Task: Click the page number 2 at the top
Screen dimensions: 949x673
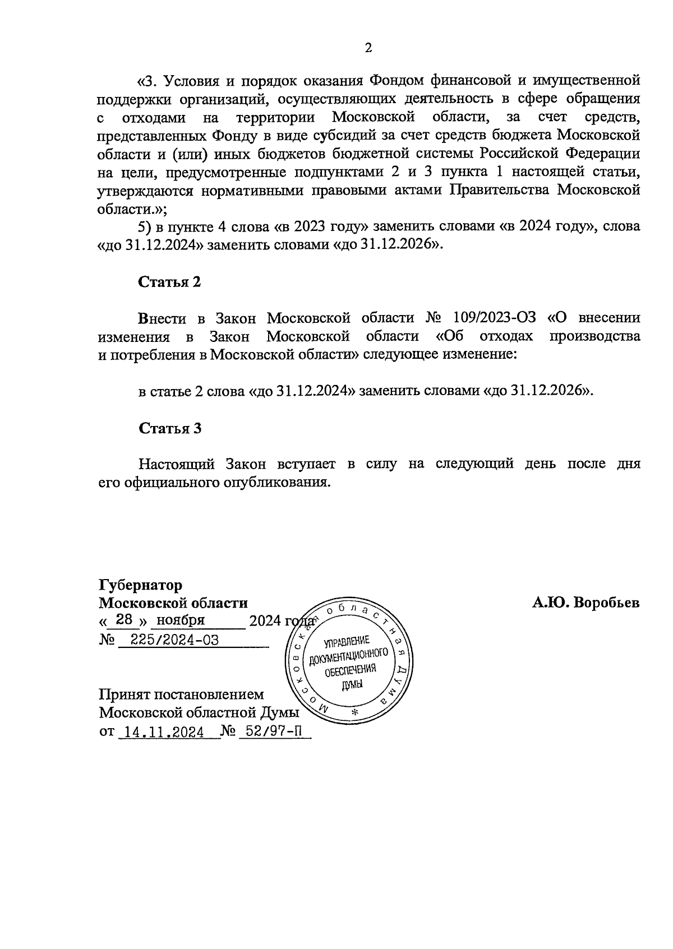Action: pyautogui.click(x=368, y=48)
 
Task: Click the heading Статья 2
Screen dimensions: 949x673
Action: pyautogui.click(x=169, y=282)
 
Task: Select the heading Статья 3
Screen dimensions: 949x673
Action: pyautogui.click(x=170, y=428)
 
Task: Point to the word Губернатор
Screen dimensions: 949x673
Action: pyautogui.click(x=140, y=585)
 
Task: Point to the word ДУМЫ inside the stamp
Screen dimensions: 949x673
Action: pyautogui.click(x=352, y=684)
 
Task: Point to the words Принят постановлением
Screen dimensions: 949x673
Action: pyautogui.click(x=181, y=695)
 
